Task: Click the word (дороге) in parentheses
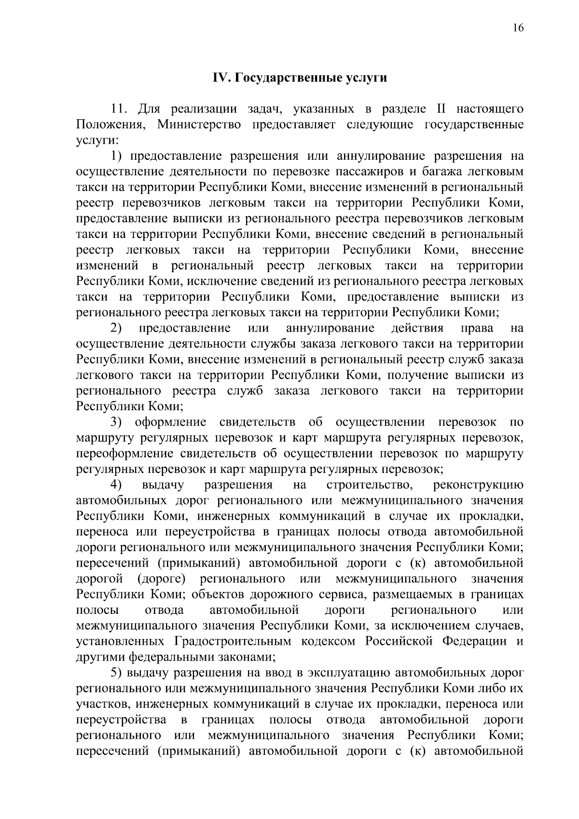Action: [162, 579]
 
